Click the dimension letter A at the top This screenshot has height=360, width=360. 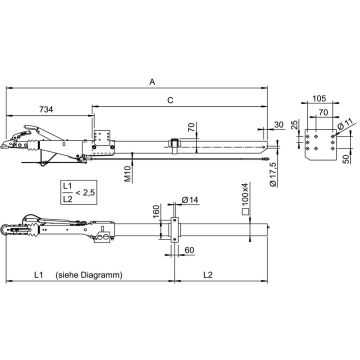(x=152, y=82)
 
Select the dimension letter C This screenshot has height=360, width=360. (x=170, y=100)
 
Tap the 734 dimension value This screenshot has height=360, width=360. (x=46, y=109)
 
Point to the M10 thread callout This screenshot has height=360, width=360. (x=128, y=174)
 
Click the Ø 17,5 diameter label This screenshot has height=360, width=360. (x=273, y=175)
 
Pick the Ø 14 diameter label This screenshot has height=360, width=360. (x=190, y=200)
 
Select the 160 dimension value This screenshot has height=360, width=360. (x=156, y=212)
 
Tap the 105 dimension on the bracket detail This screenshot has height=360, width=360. (x=319, y=98)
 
